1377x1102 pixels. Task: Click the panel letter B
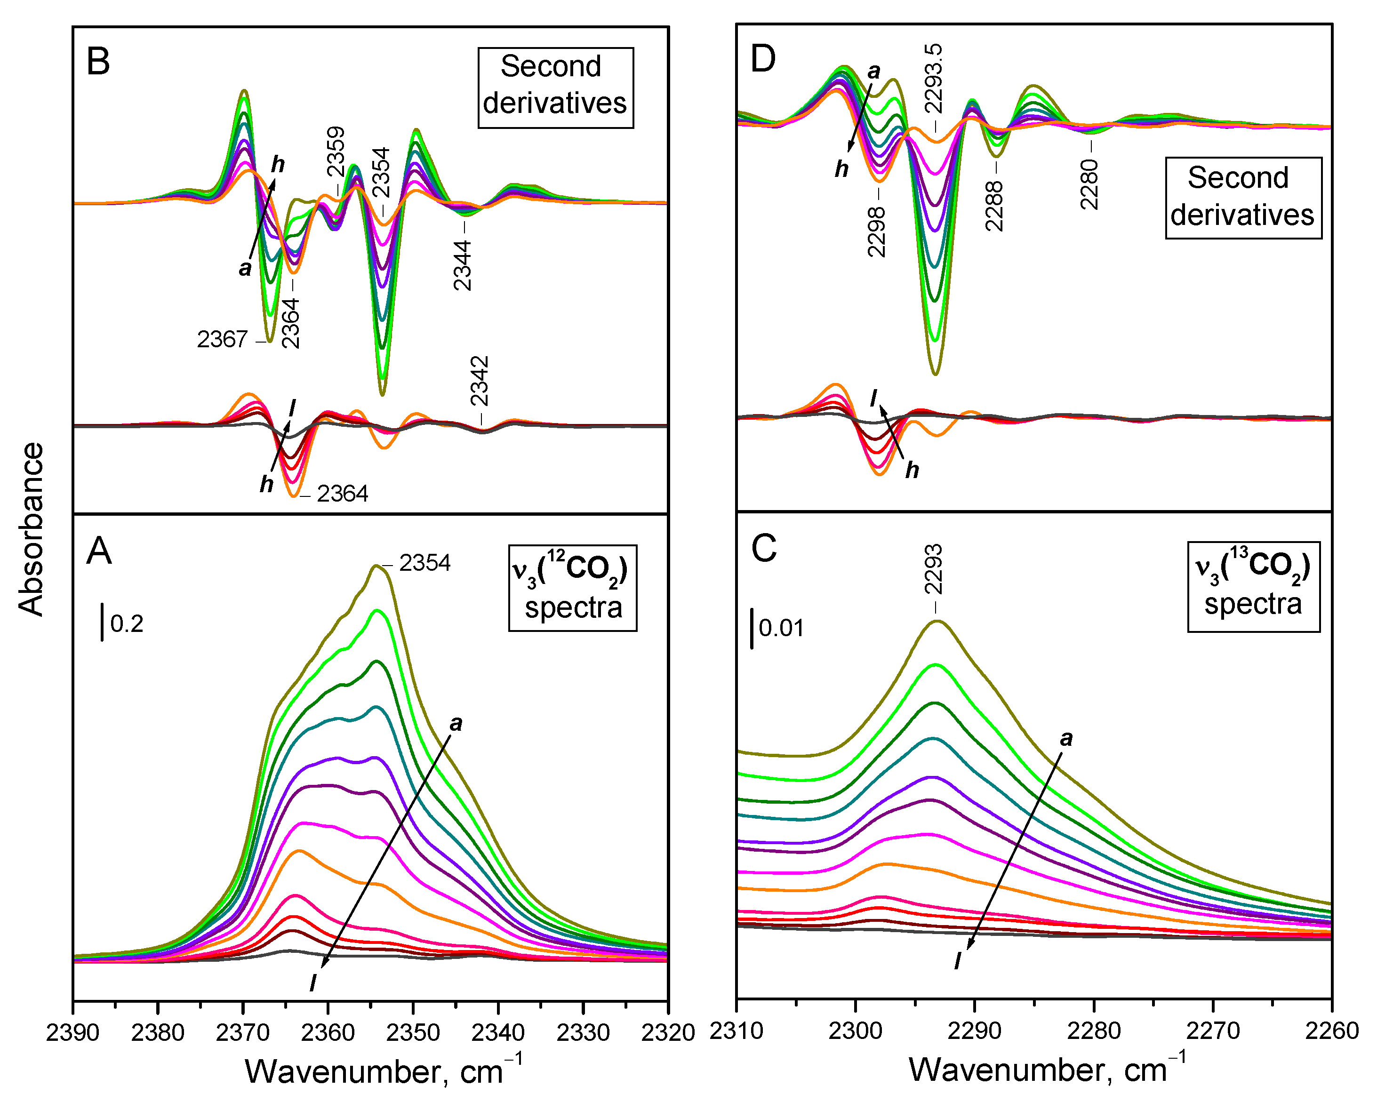point(98,62)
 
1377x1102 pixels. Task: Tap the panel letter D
point(763,59)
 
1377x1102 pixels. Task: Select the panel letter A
point(99,551)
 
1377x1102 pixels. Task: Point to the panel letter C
point(764,548)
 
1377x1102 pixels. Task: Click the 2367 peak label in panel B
point(222,340)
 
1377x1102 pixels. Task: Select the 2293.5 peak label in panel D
point(934,78)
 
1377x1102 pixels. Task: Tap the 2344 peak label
point(463,265)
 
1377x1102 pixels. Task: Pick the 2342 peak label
point(480,381)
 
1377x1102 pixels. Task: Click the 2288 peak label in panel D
point(994,206)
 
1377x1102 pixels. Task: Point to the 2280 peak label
point(1089,184)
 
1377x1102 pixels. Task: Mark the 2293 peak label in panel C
point(934,569)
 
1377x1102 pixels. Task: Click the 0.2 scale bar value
point(127,624)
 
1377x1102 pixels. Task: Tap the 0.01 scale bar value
point(781,628)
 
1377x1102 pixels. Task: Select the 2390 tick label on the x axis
point(73,1032)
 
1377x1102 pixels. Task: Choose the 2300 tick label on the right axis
point(855,1031)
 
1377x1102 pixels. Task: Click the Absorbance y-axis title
point(31,529)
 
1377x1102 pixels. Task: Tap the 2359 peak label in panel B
point(336,152)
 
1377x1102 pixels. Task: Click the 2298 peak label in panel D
point(877,231)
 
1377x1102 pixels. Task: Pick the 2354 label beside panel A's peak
point(424,563)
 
